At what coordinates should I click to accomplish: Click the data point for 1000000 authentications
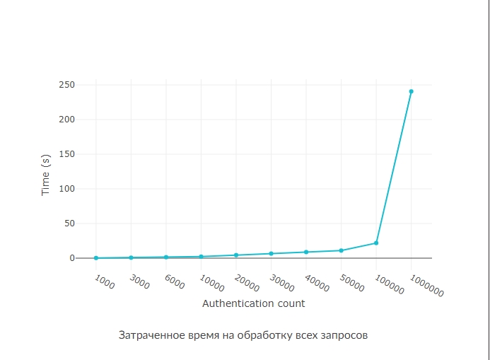tap(411, 91)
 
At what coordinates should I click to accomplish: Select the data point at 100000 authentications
tap(376, 243)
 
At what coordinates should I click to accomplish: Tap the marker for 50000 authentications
tap(341, 250)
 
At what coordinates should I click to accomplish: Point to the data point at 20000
tap(236, 255)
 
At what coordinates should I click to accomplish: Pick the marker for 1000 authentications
tap(96, 258)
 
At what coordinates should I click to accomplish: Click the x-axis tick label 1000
tap(104, 281)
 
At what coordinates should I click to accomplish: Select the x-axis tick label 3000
tap(139, 281)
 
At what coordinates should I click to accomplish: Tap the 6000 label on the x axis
tap(174, 281)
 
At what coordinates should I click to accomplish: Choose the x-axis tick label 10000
tap(211, 284)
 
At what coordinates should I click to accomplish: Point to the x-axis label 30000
tap(281, 284)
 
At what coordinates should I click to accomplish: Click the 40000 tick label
tap(317, 284)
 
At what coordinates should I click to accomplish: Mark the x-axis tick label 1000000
tap(426, 286)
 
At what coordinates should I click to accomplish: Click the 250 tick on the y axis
tap(66, 85)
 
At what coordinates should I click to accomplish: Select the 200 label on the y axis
tap(66, 120)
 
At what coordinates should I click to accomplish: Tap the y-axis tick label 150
tap(66, 154)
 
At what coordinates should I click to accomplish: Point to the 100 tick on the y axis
tap(66, 189)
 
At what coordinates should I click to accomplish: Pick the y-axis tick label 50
tap(69, 223)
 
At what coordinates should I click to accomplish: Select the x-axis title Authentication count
tap(254, 303)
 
